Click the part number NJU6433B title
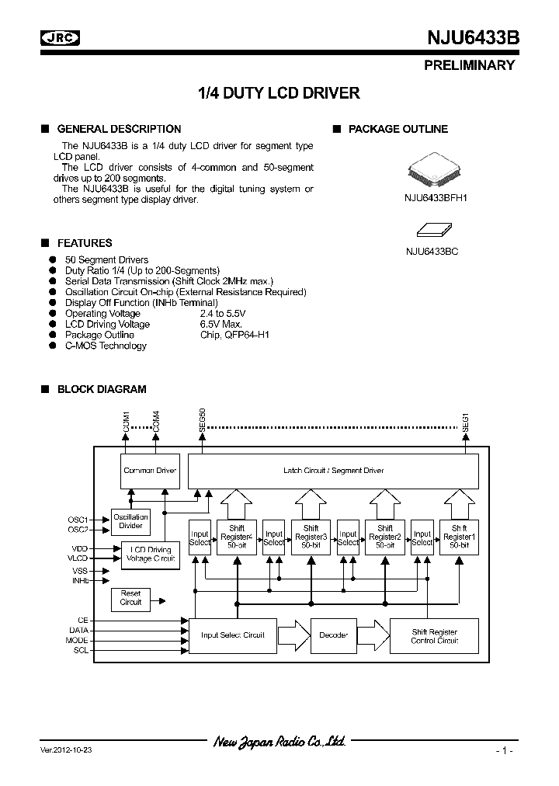click(x=473, y=39)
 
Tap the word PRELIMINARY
click(x=469, y=65)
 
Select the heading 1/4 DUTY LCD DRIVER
click(x=279, y=93)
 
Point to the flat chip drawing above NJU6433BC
click(x=435, y=229)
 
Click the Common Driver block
click(x=150, y=471)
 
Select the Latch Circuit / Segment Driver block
click(x=333, y=471)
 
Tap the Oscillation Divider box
click(x=130, y=521)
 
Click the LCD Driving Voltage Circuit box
click(x=151, y=554)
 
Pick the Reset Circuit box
click(x=130, y=597)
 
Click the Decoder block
click(x=333, y=635)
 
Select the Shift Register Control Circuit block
click(x=434, y=635)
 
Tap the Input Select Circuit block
click(x=232, y=635)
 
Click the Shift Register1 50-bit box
click(x=458, y=537)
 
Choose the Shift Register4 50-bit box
click(x=235, y=537)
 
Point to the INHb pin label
click(x=81, y=580)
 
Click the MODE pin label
click(x=78, y=640)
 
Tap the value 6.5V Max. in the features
click(x=221, y=324)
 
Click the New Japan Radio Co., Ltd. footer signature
click(x=279, y=743)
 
